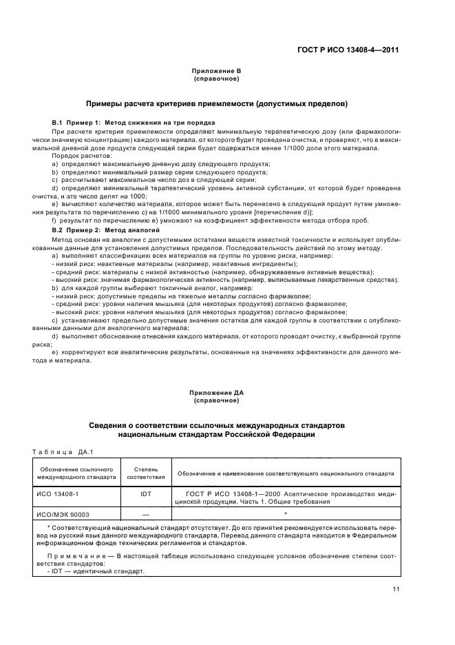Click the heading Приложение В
tap(216, 71)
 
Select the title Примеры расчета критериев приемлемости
tap(216, 103)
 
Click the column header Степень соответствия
tap(145, 473)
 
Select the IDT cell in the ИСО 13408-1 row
tap(145, 494)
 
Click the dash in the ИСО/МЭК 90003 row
tap(145, 513)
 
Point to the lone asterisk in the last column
tap(285, 513)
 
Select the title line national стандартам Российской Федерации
tap(216, 435)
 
